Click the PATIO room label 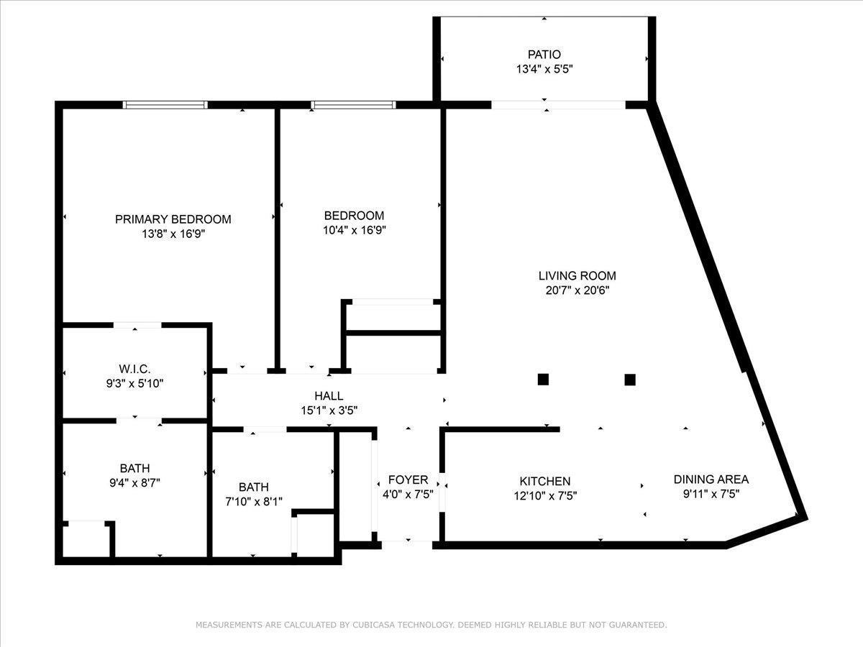544,54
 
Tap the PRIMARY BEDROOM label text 173,219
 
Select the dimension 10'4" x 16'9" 355,230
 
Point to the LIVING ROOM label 577,276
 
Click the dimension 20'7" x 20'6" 577,290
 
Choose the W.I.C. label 134,369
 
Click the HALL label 329,395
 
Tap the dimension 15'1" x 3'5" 329,410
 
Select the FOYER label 408,479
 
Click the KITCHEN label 545,481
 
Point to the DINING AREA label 711,479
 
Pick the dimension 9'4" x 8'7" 135,483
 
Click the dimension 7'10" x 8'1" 254,502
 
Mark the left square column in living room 543,380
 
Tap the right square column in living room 630,380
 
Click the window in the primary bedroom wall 165,105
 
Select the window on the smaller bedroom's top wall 353,105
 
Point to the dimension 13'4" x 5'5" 544,70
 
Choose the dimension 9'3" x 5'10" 134,383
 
